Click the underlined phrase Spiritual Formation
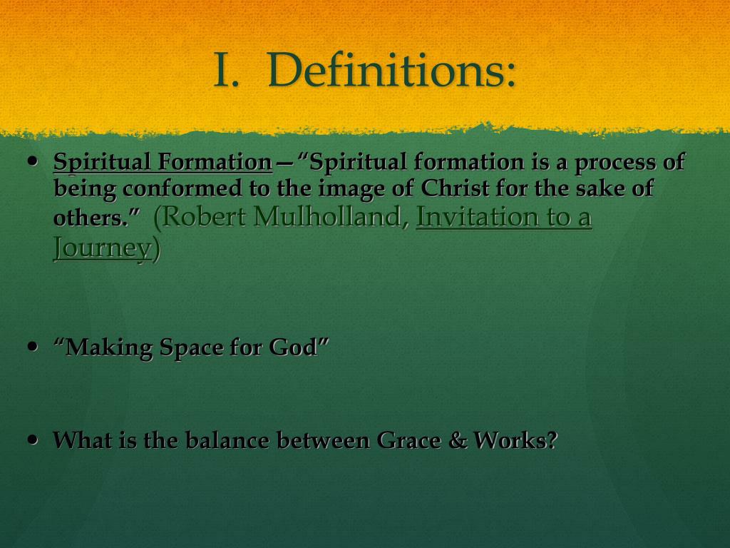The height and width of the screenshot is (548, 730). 163,163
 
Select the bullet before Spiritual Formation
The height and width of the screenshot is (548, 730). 32,162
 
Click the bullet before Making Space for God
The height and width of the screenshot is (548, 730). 32,346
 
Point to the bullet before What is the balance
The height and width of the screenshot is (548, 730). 32,440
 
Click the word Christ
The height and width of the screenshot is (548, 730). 452,189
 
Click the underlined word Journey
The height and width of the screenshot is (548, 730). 102,248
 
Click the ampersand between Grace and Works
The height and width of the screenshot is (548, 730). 457,440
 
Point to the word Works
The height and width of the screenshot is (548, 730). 511,440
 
